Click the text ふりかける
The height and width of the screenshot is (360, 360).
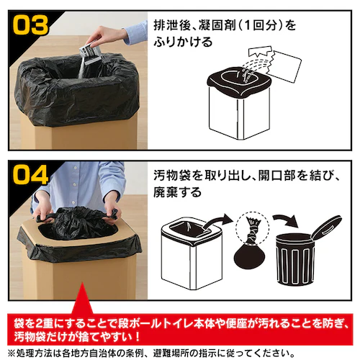click(x=183, y=42)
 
